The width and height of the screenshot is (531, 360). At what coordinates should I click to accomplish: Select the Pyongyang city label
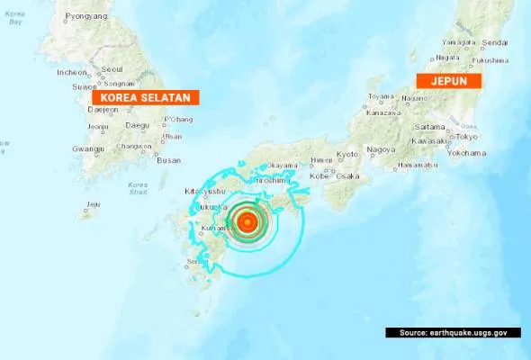tap(86, 16)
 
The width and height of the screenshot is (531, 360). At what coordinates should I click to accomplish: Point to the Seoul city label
tap(112, 68)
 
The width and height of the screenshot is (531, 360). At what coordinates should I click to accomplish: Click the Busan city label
tap(168, 160)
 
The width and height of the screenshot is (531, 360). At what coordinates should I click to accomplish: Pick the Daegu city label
tap(138, 125)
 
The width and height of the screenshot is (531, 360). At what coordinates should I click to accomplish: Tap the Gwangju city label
tap(88, 149)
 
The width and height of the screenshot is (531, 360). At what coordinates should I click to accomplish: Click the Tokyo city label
tap(466, 137)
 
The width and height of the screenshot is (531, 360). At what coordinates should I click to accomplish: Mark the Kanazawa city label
tap(382, 113)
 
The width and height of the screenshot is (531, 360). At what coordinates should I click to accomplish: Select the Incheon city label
tap(72, 72)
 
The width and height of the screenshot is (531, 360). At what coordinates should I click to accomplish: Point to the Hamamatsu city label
tap(417, 166)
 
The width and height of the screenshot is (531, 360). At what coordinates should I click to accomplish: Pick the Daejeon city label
tap(103, 110)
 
